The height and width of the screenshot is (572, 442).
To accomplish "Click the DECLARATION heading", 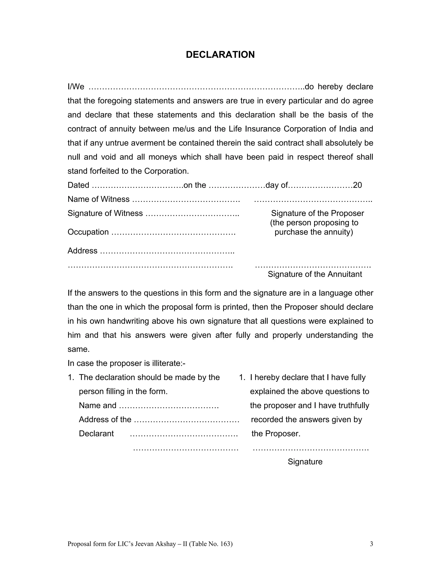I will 220,54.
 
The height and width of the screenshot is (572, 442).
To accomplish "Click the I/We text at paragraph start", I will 76,87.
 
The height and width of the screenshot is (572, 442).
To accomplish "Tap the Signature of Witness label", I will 105,213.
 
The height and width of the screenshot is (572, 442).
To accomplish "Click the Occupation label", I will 88,232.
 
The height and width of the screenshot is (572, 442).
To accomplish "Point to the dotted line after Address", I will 167,251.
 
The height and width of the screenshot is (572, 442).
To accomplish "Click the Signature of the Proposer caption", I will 317,213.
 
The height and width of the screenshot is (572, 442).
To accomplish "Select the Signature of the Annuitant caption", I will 315,274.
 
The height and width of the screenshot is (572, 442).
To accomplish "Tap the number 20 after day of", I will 357,185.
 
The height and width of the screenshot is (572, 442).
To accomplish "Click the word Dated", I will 78,185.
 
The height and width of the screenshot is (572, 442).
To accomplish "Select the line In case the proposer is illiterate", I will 126,363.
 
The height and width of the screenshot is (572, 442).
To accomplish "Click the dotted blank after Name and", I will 169,406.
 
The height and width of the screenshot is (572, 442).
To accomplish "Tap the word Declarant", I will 96,433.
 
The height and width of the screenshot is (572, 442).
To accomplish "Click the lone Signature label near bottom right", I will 305,461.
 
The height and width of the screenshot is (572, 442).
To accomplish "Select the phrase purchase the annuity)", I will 314,232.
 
